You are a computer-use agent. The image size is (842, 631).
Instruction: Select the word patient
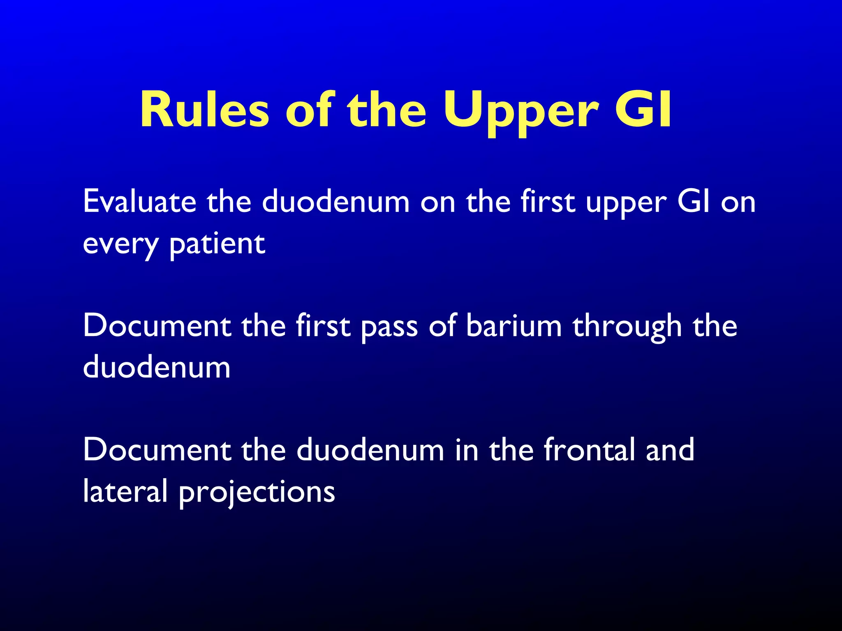(x=217, y=245)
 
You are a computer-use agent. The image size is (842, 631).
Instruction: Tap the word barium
(x=514, y=326)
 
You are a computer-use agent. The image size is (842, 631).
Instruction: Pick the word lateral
(x=125, y=491)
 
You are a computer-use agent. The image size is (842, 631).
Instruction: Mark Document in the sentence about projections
(x=157, y=450)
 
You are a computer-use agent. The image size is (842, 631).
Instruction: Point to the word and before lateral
(x=670, y=450)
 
